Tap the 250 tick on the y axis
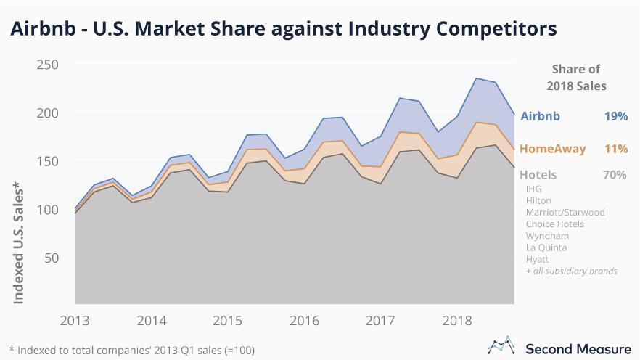48,65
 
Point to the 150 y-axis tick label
48,161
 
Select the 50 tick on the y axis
52,258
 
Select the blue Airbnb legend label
541,116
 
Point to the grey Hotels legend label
538,175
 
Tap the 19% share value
615,116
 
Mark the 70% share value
614,175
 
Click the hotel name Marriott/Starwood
565,213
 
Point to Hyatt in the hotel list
538,259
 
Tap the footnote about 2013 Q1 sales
131,350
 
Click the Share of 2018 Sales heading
576,77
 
